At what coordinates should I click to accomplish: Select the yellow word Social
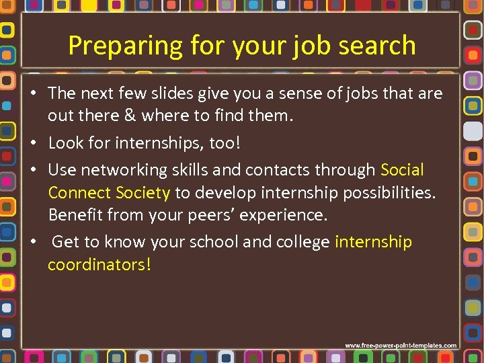click(402, 170)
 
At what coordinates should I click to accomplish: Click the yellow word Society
click(143, 193)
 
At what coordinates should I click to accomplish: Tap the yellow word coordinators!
click(99, 265)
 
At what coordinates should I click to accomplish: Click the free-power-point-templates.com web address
click(401, 346)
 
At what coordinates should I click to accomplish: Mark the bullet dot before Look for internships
click(34, 143)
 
